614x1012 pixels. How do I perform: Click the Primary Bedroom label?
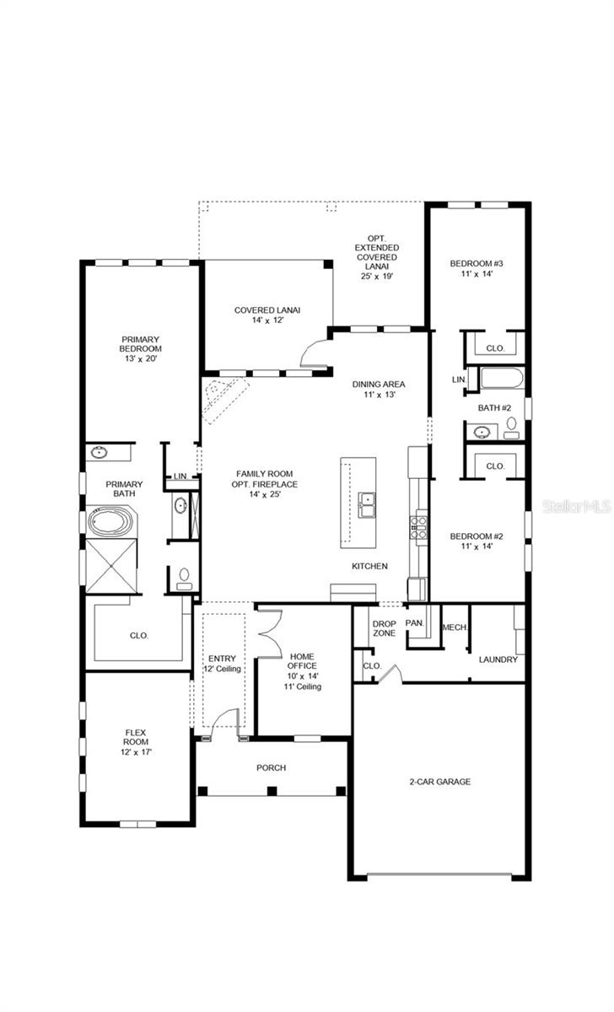click(x=141, y=347)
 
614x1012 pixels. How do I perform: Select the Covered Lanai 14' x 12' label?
click(x=267, y=315)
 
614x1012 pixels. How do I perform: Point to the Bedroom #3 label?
click(x=477, y=267)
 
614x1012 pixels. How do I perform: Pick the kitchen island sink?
click(x=367, y=503)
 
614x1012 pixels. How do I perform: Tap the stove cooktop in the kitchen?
click(x=417, y=527)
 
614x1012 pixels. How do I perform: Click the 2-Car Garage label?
click(x=441, y=782)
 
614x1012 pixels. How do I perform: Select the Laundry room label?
click(x=498, y=659)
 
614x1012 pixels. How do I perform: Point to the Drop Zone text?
click(x=385, y=629)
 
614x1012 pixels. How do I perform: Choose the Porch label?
click(x=272, y=767)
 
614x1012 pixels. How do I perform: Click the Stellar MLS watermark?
click(x=579, y=507)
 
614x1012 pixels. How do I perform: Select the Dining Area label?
click(x=379, y=389)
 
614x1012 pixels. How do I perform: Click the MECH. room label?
click(x=455, y=627)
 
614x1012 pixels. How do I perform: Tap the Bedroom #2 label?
click(x=476, y=541)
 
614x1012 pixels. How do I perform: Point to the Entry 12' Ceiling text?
click(x=223, y=664)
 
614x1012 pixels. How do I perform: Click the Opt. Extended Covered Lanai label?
click(x=376, y=256)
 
